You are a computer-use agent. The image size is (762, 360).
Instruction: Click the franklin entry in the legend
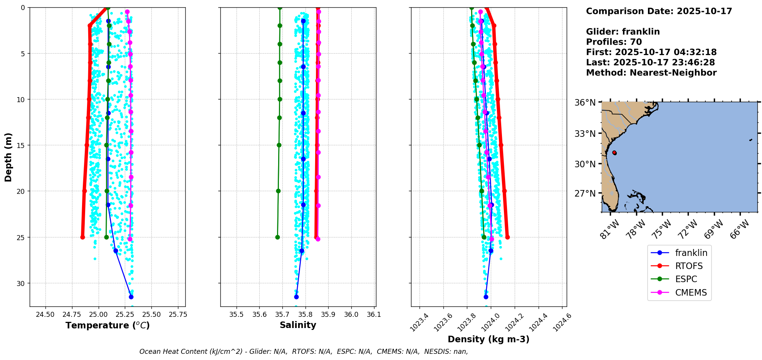(x=691, y=253)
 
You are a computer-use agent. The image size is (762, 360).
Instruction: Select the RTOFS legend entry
(x=688, y=266)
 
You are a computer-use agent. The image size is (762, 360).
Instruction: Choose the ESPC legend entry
(x=686, y=279)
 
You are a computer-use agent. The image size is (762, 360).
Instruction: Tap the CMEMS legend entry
(x=691, y=293)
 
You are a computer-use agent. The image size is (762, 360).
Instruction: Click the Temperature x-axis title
(x=107, y=325)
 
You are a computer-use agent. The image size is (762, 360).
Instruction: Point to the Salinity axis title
(x=298, y=325)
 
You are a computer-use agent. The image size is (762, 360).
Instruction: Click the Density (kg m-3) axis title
(x=488, y=339)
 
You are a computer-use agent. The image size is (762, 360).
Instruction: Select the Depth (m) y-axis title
(x=8, y=157)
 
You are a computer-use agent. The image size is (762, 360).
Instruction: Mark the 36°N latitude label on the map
(x=585, y=103)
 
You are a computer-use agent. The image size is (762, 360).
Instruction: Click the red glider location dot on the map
(x=614, y=153)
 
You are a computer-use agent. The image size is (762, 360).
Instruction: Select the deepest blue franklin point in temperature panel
(x=131, y=297)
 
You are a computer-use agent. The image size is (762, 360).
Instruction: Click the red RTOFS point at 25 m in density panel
(x=507, y=237)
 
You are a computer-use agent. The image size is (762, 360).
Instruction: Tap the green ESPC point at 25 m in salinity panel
(x=277, y=237)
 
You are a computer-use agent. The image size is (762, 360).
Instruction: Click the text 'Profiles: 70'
(x=614, y=42)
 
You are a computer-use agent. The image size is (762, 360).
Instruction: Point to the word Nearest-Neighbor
(x=673, y=73)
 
